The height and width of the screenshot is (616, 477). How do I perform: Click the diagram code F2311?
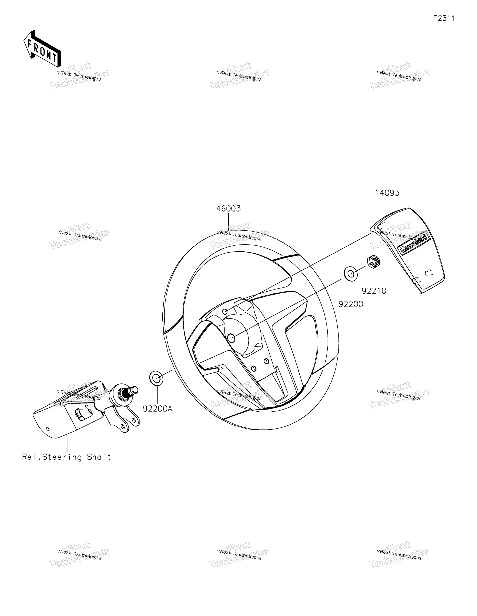pos(444,18)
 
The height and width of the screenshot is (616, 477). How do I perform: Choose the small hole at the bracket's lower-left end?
pos(48,429)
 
